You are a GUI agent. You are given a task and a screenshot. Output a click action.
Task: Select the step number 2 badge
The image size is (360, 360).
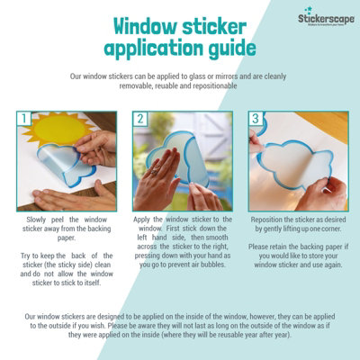coord(139,119)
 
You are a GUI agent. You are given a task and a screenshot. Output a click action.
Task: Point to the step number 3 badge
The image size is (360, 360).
coord(256,119)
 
